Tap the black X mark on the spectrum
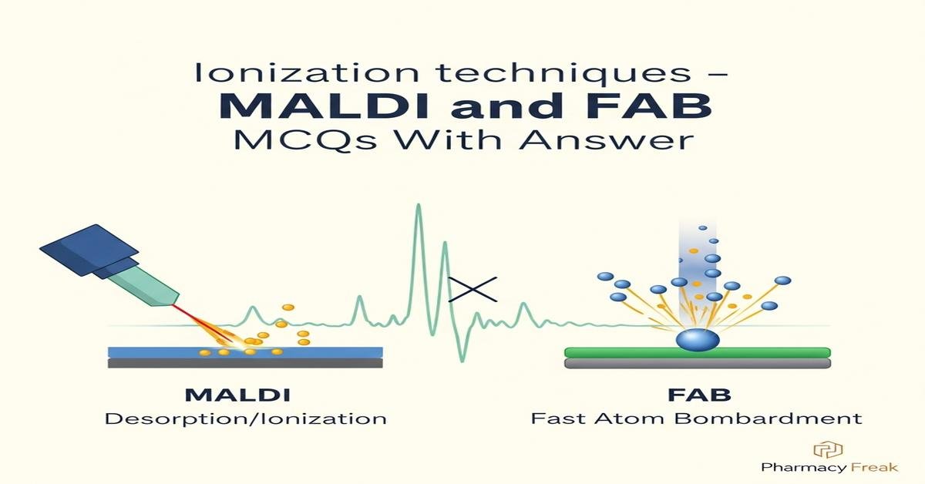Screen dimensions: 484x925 (473, 288)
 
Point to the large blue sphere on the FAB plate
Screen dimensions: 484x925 (697, 339)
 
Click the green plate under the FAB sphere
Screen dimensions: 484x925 (698, 353)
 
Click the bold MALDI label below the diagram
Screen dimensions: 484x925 (238, 395)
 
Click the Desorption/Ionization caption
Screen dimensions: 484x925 (245, 419)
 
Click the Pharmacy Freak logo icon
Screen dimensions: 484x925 (828, 449)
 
